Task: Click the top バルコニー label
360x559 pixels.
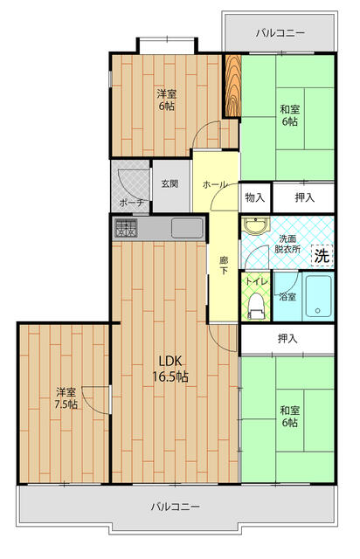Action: click(x=280, y=32)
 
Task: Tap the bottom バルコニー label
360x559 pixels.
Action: click(x=175, y=507)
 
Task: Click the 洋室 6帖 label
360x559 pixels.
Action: click(x=166, y=100)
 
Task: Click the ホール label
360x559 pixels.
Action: click(x=215, y=184)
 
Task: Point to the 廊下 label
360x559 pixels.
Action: click(x=225, y=266)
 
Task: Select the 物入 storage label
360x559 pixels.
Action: click(x=255, y=198)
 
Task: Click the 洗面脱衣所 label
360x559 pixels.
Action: click(x=288, y=243)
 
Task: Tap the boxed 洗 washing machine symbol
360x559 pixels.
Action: click(x=322, y=256)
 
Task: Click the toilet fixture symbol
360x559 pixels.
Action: click(x=256, y=304)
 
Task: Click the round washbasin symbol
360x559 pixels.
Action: click(x=254, y=228)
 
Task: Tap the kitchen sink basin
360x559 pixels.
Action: click(x=187, y=229)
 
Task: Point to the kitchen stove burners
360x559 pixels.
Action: click(x=124, y=230)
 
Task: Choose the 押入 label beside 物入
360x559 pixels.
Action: click(x=304, y=198)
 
